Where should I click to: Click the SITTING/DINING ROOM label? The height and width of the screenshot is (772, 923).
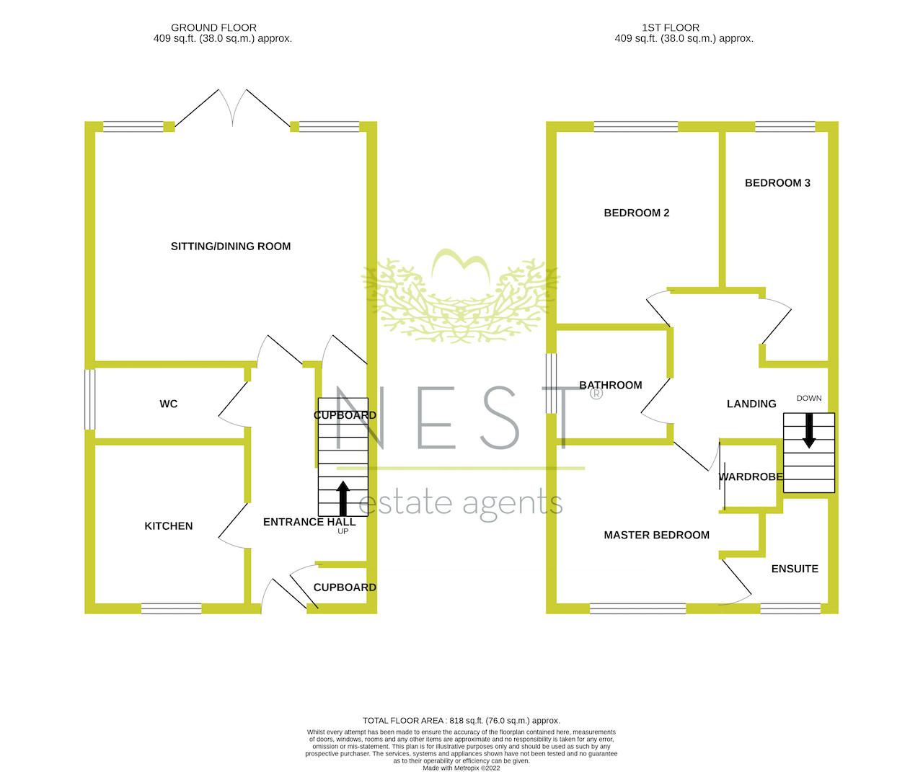click(231, 246)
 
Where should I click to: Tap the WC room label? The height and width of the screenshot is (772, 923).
click(169, 404)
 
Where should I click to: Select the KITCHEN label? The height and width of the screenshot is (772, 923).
click(169, 526)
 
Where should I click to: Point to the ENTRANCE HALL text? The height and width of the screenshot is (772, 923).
click(309, 522)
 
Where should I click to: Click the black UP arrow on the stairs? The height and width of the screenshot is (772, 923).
click(343, 499)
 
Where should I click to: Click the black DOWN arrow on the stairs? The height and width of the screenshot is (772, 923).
click(809, 430)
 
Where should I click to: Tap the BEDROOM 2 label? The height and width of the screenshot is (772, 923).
click(637, 213)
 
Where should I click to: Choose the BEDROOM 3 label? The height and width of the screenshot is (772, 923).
click(777, 182)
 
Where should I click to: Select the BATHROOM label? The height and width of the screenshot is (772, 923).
click(611, 385)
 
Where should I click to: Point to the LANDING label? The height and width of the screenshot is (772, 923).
click(751, 404)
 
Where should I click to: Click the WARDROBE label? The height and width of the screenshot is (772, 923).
click(751, 476)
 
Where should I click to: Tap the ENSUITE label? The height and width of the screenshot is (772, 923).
click(795, 569)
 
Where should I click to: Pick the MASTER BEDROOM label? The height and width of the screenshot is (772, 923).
click(656, 535)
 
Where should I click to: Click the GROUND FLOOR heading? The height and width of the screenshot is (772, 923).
click(213, 27)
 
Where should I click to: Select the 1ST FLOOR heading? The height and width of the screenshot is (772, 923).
click(671, 27)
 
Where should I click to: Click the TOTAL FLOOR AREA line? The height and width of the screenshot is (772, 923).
click(461, 720)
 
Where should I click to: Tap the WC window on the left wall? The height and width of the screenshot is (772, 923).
click(89, 399)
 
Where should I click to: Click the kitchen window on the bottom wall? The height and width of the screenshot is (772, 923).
click(172, 608)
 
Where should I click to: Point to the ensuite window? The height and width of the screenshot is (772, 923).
click(790, 608)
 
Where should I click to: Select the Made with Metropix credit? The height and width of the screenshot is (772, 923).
click(461, 768)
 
